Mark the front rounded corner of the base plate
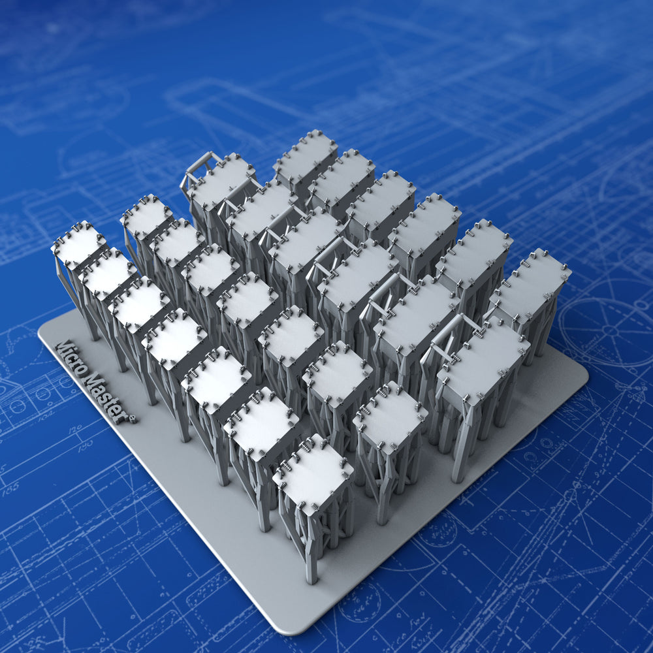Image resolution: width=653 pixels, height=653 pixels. [x=287, y=627]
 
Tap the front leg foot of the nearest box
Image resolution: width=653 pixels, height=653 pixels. [x=312, y=577]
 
